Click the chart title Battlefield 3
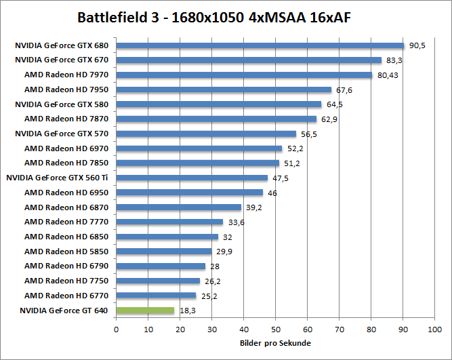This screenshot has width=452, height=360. coord(225,16)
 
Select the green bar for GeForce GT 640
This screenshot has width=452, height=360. coord(145,311)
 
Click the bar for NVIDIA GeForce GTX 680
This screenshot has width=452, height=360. coord(260,45)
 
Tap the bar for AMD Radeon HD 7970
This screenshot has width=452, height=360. coord(245,75)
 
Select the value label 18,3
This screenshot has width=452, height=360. coord(187,311)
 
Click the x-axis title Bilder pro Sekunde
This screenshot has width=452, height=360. coord(275,342)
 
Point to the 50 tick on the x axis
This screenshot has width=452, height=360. coord(275,329)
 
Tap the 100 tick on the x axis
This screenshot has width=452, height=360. coord(434,329)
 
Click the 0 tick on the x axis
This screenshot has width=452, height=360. coord(117,329)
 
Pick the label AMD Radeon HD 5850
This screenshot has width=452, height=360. coord(67,252)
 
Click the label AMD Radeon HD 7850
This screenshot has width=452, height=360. coord(67,163)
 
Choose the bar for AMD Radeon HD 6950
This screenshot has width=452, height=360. coord(190,193)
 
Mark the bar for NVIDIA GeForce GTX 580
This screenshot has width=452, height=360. coord(219,104)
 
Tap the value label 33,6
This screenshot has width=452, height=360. coord(235,222)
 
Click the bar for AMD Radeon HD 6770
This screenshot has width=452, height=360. coord(156,296)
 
